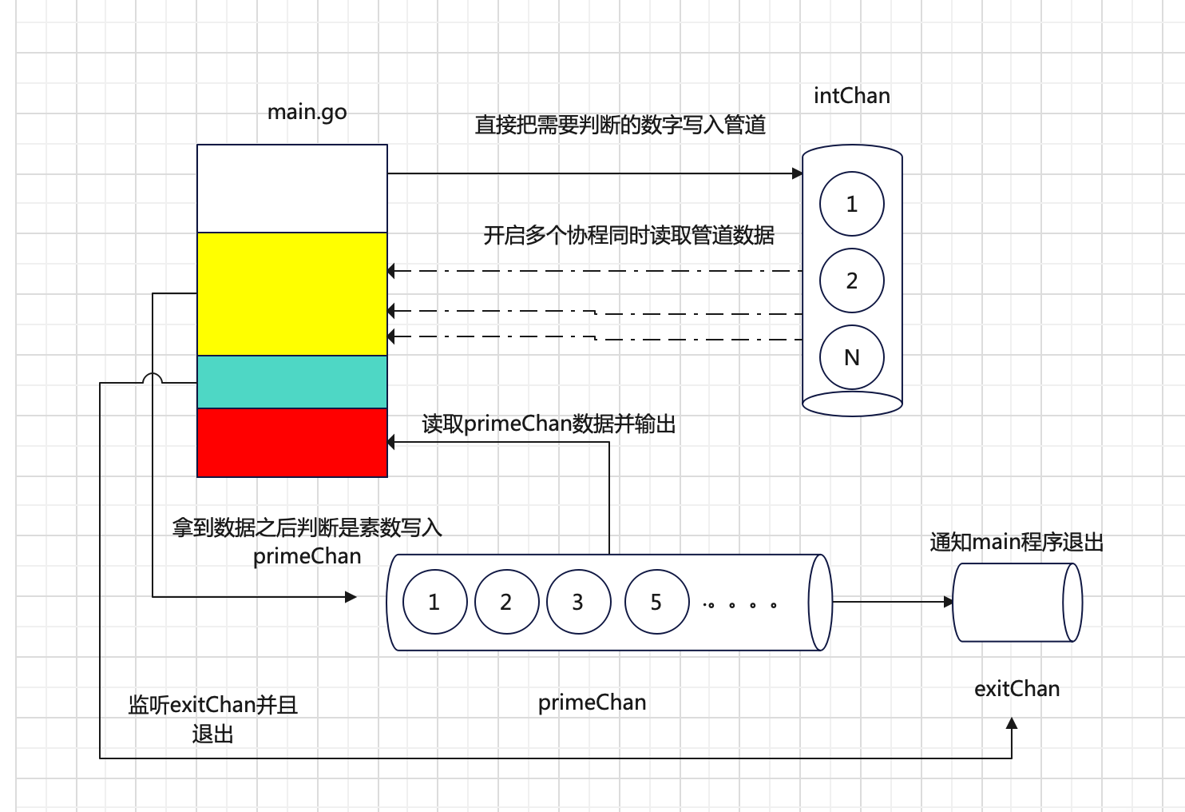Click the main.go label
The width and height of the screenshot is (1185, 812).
(307, 112)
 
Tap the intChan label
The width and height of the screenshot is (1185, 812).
(851, 96)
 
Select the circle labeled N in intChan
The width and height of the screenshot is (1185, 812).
(851, 357)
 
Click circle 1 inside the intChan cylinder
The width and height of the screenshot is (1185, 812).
(851, 204)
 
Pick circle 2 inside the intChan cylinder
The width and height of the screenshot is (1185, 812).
(851, 281)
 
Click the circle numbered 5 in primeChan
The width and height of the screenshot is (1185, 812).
(656, 602)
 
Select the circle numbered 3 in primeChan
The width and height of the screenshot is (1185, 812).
(577, 602)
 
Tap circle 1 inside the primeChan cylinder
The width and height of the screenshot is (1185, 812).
(434, 602)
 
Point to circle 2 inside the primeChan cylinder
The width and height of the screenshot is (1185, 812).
(505, 602)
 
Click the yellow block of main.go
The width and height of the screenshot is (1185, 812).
(292, 293)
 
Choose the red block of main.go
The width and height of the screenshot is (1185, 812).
(292, 442)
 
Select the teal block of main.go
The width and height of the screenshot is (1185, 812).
(292, 382)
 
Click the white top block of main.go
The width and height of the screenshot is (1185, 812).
(292, 189)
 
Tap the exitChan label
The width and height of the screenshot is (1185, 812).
(1017, 689)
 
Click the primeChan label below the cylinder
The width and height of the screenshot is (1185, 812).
(592, 703)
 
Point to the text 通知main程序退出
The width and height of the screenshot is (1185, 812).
(1016, 542)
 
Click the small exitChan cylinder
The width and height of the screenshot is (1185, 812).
(1017, 602)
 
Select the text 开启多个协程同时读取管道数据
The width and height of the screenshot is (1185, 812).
(628, 235)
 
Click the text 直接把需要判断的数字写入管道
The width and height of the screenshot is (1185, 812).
(620, 125)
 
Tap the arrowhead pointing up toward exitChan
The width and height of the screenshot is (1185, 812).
(1012, 723)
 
